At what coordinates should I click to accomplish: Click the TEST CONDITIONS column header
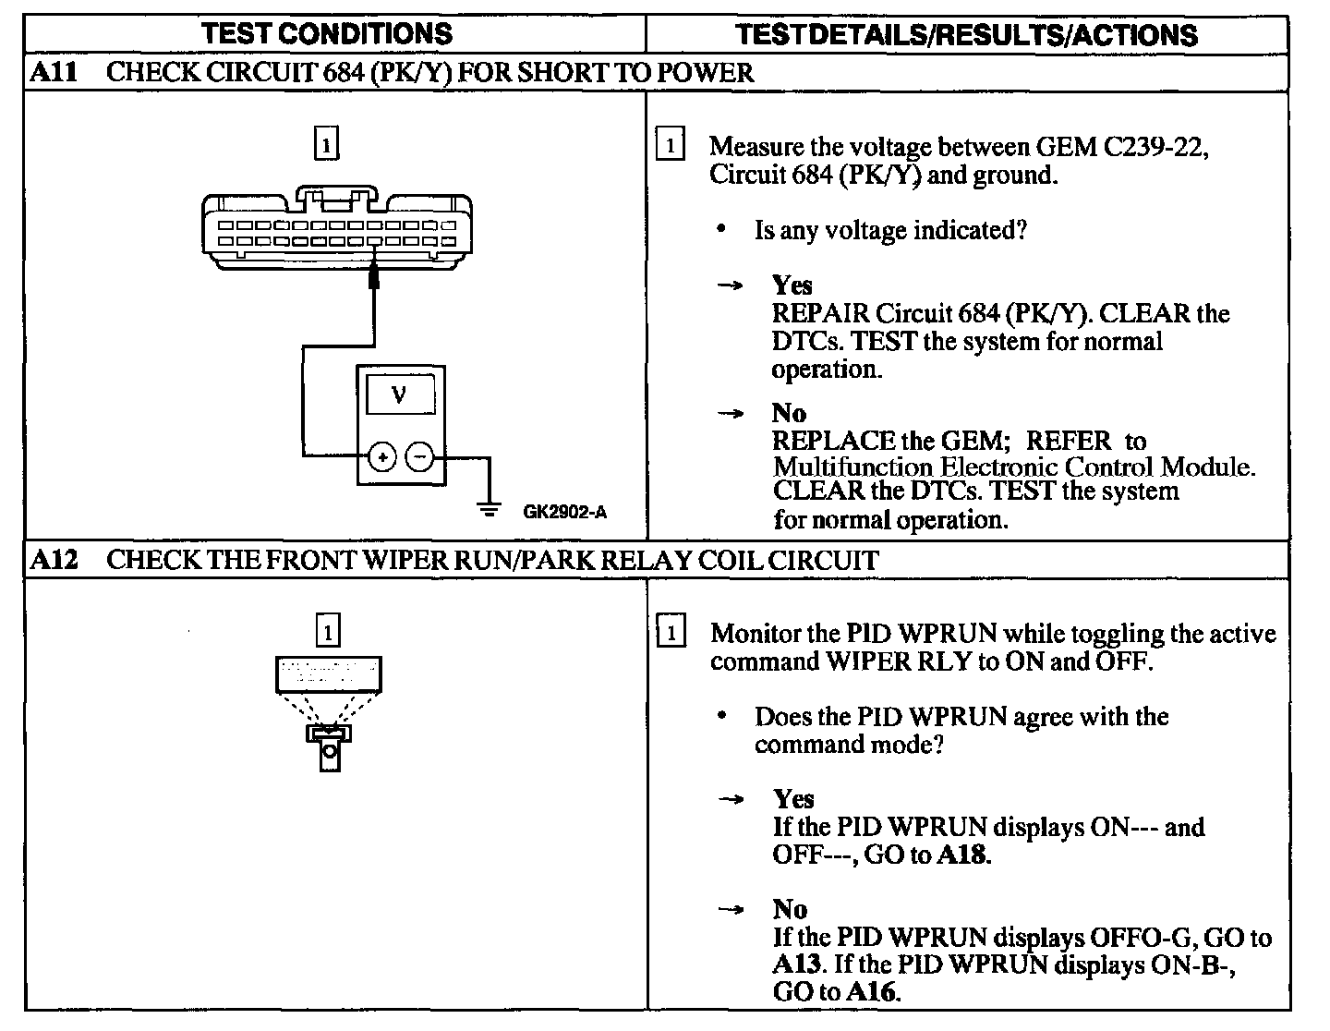point(327,34)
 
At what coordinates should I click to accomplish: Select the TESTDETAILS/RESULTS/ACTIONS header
point(966,35)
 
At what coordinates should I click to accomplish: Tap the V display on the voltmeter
point(399,395)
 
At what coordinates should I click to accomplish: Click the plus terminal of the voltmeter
point(381,456)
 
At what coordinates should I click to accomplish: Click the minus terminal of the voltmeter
point(419,456)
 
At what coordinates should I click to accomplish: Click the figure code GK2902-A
point(564,511)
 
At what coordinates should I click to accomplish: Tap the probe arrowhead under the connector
point(374,275)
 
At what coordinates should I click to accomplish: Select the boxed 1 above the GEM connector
point(327,145)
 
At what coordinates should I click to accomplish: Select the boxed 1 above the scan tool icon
point(328,632)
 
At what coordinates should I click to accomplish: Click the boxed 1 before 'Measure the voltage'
point(671,146)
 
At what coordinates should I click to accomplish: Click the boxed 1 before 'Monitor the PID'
point(671,633)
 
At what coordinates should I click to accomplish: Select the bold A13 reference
point(797,965)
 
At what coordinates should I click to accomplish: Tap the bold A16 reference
point(873,993)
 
